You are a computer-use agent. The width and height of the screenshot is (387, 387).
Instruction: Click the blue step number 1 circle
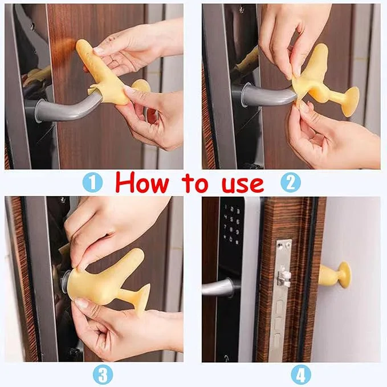pyautogui.click(x=92, y=182)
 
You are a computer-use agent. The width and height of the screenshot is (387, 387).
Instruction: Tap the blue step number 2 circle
pyautogui.click(x=291, y=182)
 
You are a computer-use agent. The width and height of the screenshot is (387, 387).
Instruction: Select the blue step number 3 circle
pyautogui.click(x=103, y=375)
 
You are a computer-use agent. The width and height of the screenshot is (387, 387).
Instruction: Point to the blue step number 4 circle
pyautogui.click(x=301, y=375)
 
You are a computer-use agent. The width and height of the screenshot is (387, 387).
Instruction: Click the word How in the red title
pyautogui.click(x=142, y=182)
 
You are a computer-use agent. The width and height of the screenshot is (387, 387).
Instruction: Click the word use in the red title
pyautogui.click(x=243, y=184)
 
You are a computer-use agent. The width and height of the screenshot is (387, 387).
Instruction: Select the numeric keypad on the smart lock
pyautogui.click(x=231, y=225)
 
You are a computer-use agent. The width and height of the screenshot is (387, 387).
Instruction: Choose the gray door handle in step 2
pyautogui.click(x=268, y=94)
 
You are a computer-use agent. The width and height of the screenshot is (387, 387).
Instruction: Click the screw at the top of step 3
pyautogui.click(x=63, y=200)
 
